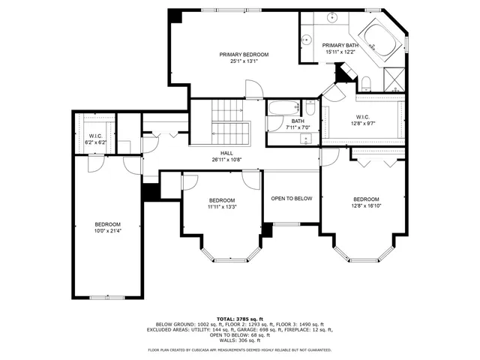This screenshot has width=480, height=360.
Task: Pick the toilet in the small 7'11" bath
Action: point(310,109)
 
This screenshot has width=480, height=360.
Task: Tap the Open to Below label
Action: point(291,199)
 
